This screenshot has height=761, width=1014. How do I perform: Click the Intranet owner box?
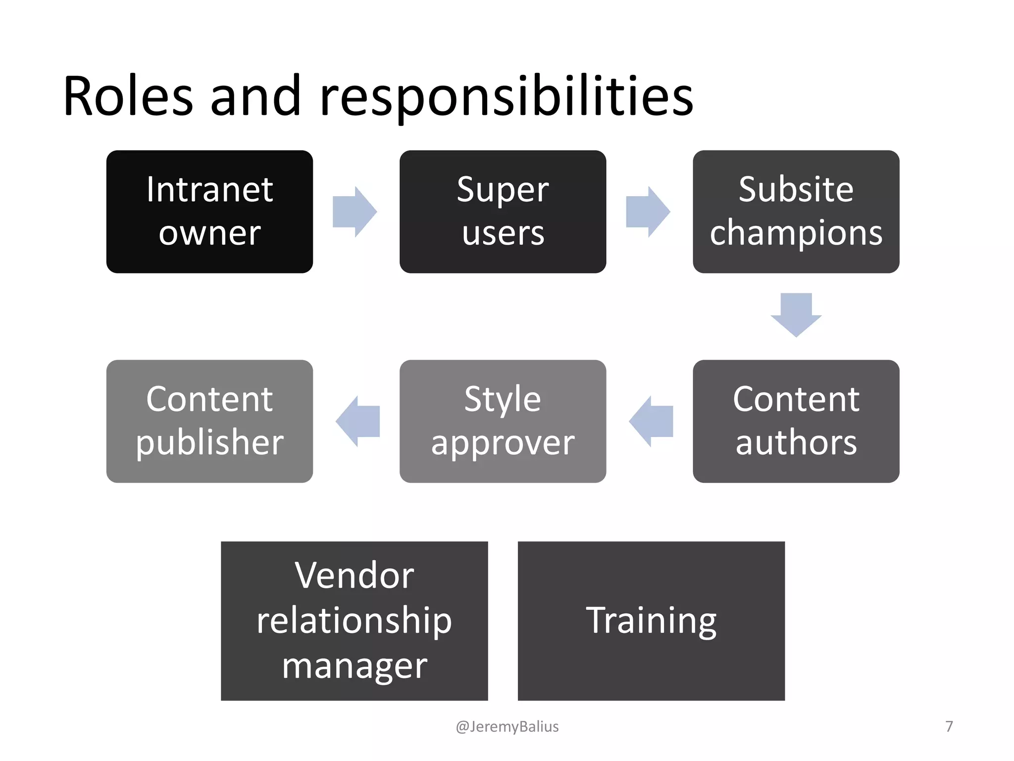(x=209, y=212)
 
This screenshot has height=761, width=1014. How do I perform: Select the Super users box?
(x=503, y=212)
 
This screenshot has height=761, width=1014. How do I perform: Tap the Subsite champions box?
(x=796, y=212)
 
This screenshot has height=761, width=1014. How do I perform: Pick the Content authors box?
(x=796, y=421)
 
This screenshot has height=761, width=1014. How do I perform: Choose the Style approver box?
(x=503, y=421)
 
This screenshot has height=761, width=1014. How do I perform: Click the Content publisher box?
(x=209, y=421)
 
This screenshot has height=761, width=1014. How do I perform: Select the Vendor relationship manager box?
(x=354, y=620)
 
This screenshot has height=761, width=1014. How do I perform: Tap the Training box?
(x=651, y=620)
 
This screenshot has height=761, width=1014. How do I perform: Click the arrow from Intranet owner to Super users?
(x=355, y=212)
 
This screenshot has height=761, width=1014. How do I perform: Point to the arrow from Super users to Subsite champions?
(x=648, y=212)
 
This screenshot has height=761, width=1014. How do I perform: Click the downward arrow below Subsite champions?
(x=796, y=315)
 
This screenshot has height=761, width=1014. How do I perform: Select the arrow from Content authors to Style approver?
(x=651, y=421)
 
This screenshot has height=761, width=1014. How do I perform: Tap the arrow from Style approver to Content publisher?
(x=358, y=421)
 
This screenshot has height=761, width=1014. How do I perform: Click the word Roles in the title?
(x=128, y=96)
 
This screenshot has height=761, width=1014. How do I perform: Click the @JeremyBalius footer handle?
(x=507, y=726)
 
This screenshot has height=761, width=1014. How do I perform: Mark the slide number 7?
(x=949, y=726)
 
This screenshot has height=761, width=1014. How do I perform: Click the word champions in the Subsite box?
(x=796, y=233)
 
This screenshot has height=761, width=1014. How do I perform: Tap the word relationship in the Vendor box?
(x=354, y=620)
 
